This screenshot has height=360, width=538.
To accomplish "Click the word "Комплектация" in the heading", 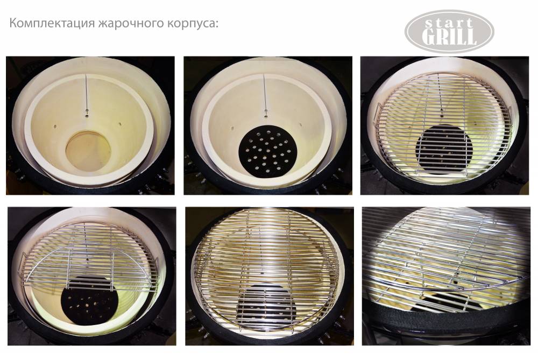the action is tap(52, 24).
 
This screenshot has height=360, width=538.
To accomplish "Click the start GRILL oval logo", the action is tap(449, 31).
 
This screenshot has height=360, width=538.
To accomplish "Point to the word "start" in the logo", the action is tap(449, 24).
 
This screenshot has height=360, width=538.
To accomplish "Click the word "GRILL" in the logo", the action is tap(449, 37).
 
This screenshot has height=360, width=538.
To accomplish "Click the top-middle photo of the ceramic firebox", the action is tap(268, 125).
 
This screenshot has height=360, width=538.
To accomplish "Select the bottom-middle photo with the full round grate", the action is tap(270, 276).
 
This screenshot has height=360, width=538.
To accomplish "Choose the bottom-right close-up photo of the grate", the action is tap(446, 276).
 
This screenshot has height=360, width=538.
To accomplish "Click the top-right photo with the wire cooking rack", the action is tap(445, 125).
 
